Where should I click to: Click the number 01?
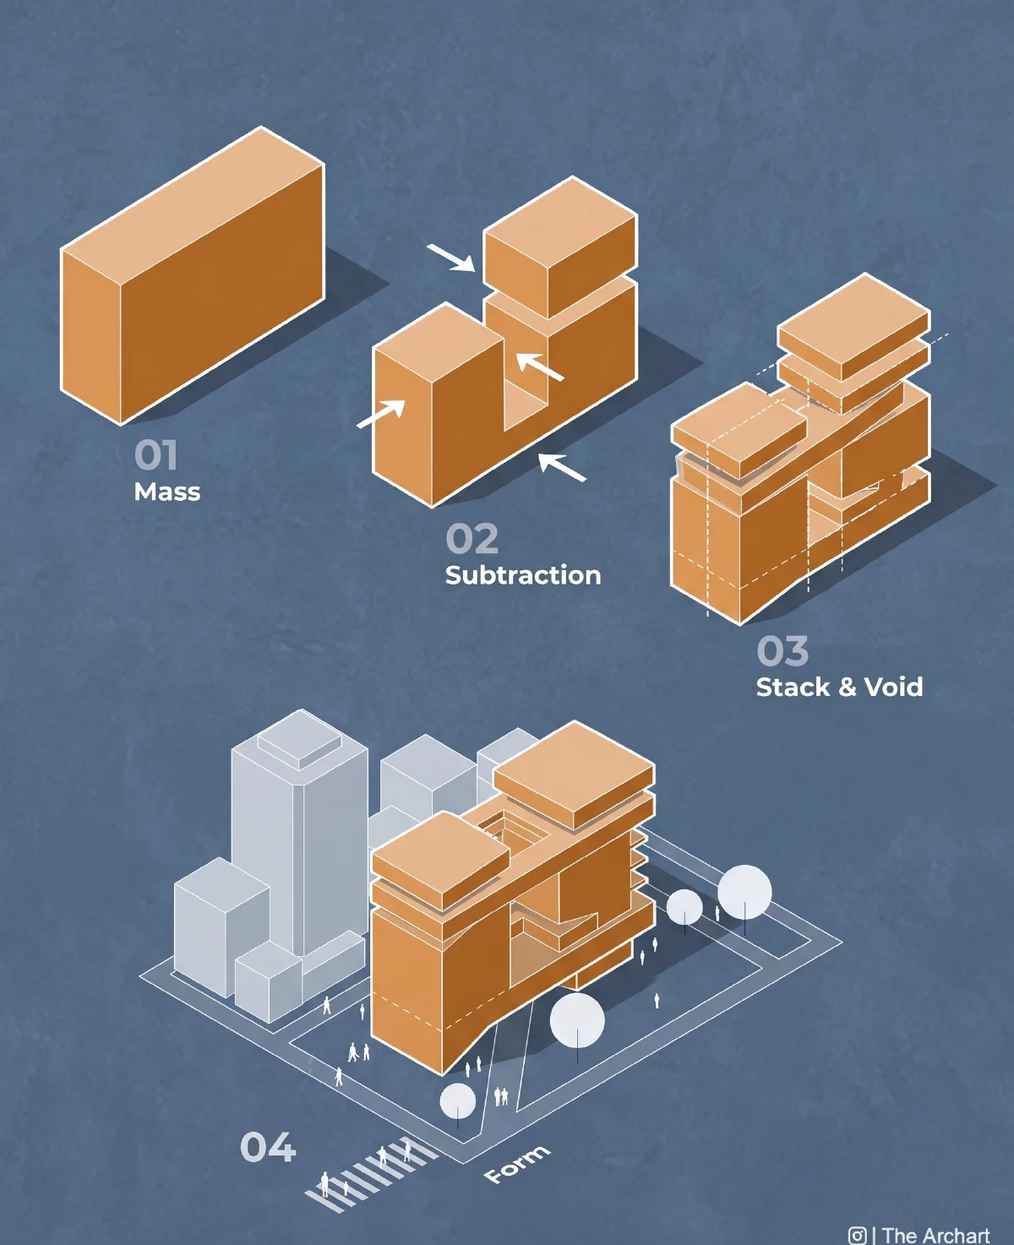155,455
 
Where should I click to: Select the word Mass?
167,492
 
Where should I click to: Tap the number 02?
472,538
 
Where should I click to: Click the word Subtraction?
523,575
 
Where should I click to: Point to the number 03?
782,650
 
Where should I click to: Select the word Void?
893,687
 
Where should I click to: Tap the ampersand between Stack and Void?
848,688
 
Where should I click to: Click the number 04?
268,1147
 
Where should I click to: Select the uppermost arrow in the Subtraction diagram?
451,258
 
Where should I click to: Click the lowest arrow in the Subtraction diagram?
562,467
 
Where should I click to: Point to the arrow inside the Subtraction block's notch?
540,367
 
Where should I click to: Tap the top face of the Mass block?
193,205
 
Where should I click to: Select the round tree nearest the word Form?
457,1101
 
